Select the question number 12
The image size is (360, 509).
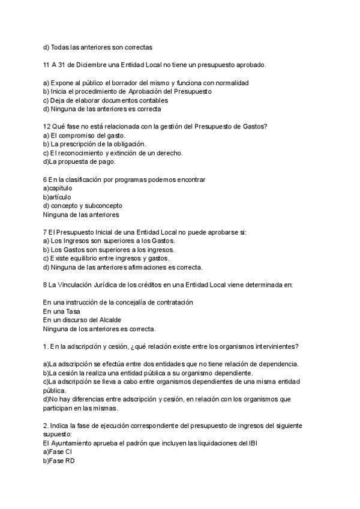point(46,126)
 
